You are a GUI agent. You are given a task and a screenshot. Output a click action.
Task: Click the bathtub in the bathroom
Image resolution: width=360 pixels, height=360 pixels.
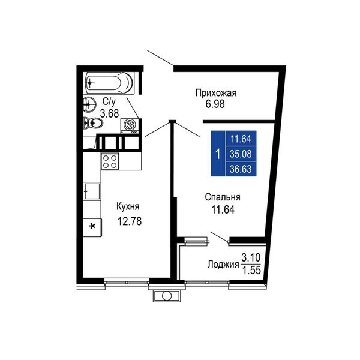pyautogui.click(x=110, y=83)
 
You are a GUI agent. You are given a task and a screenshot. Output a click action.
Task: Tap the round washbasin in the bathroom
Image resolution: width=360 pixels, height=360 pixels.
pyautogui.click(x=89, y=104)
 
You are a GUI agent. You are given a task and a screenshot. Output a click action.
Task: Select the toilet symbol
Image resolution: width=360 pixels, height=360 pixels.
pyautogui.click(x=93, y=123)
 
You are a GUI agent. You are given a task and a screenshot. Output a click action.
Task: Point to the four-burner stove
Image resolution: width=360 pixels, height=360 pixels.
pyautogui.click(x=110, y=161)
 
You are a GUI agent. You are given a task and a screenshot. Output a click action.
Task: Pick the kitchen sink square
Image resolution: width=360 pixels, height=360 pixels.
pyautogui.click(x=92, y=191)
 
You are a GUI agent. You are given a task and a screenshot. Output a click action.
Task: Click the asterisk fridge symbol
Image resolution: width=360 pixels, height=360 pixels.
pyautogui.click(x=92, y=227)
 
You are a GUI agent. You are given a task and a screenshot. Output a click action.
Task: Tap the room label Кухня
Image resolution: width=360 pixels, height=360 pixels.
pyautogui.click(x=128, y=206)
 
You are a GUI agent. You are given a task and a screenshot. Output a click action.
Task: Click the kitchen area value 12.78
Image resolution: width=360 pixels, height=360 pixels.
pyautogui.click(x=130, y=221)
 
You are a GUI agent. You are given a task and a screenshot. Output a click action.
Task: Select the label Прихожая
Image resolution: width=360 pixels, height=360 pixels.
pyautogui.click(x=216, y=93)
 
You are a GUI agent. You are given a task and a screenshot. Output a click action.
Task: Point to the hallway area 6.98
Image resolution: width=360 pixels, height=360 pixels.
pyautogui.click(x=215, y=104)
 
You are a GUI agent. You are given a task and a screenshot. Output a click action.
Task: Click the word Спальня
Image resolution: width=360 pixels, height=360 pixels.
pyautogui.click(x=223, y=197)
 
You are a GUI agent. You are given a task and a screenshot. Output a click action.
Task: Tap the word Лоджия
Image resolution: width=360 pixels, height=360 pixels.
pyautogui.click(x=223, y=265)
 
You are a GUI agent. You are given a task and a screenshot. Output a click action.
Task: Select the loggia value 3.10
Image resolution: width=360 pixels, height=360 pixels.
pyautogui.click(x=251, y=257)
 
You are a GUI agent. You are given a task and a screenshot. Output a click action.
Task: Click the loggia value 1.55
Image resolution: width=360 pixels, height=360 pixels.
pyautogui.click(x=251, y=271)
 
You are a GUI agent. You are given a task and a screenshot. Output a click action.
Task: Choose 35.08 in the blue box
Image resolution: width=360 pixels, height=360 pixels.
pyautogui.click(x=241, y=154)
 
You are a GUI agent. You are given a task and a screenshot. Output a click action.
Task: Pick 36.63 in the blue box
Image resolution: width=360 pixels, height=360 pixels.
pyautogui.click(x=241, y=169)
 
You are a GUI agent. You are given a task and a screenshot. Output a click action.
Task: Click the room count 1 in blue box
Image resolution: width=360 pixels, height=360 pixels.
pyautogui.click(x=218, y=154)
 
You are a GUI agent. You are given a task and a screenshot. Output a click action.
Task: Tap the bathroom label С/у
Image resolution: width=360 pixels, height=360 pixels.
pyautogui.click(x=109, y=102)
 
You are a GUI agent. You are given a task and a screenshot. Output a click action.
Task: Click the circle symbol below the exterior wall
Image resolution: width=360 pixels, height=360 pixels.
pyautogui.click(x=166, y=296)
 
